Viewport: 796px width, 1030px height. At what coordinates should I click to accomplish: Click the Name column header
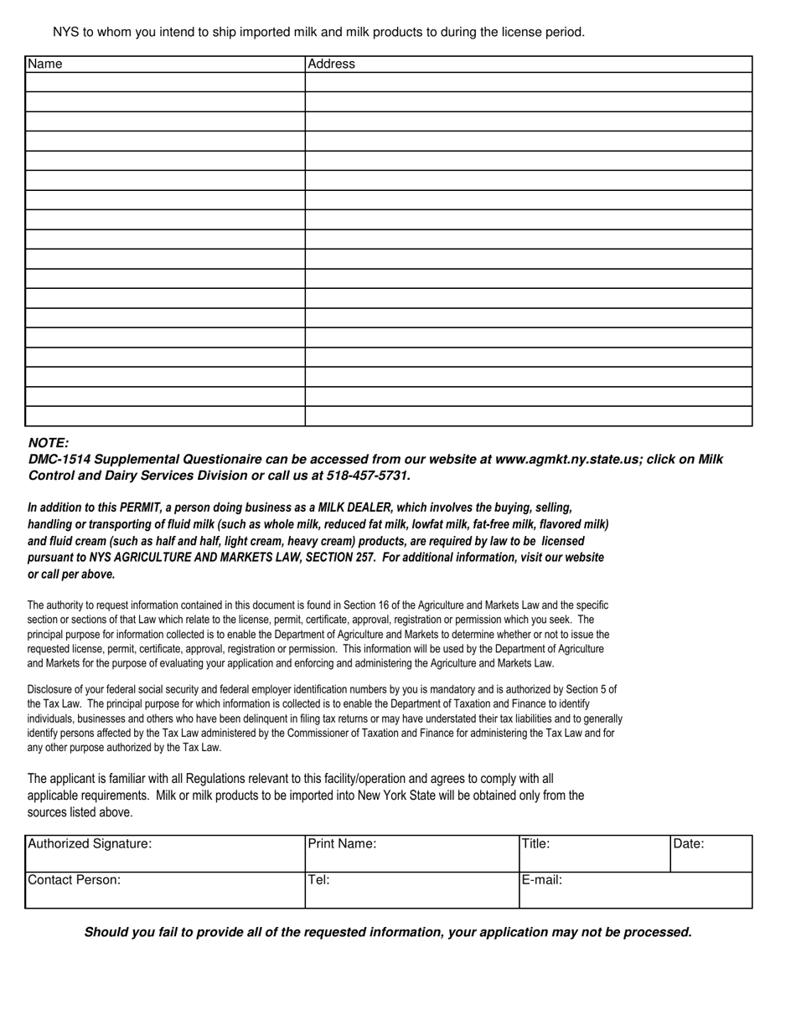coord(45,64)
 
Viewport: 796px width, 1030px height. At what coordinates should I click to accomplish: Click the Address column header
coord(332,64)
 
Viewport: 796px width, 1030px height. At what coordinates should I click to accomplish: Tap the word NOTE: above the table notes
coord(49,443)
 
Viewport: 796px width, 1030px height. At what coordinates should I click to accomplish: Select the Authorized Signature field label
coord(90,844)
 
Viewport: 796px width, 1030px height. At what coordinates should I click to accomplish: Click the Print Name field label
coord(343,844)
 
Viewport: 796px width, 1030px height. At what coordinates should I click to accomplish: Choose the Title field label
coord(536,844)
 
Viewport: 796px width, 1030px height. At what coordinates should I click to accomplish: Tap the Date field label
coord(689,844)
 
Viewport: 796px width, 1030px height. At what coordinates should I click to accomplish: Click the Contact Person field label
coord(75,880)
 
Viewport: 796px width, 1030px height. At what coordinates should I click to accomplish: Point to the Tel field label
coord(319,880)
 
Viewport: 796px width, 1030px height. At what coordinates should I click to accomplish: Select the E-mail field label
coord(542,880)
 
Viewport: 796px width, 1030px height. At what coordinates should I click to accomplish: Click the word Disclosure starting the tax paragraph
coord(49,690)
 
